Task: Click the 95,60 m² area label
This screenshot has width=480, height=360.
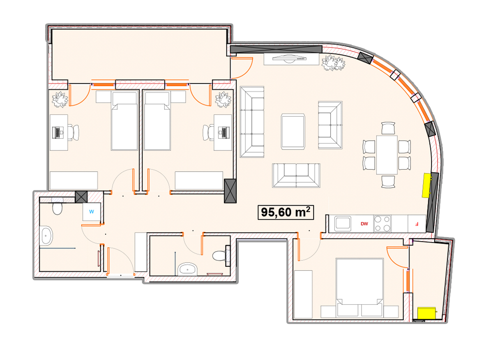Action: pos(286,212)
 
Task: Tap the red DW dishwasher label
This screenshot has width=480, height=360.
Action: pos(364,224)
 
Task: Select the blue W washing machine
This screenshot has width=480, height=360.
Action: pos(92,212)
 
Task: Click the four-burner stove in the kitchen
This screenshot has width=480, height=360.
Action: pos(382,224)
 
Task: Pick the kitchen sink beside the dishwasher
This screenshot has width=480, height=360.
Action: pos(343,224)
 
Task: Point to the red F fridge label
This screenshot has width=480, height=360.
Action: pos(416,224)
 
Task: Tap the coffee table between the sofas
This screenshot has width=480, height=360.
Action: pos(293,132)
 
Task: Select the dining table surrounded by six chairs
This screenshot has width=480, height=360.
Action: pos(387,155)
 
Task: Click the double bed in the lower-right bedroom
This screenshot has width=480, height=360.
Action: pos(360,288)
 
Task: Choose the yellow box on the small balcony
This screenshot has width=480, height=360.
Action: pos(426,313)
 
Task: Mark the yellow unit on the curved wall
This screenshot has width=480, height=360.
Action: pos(427,185)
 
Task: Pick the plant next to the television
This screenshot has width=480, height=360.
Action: pos(333,63)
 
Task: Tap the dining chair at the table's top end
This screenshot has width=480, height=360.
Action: pos(388,128)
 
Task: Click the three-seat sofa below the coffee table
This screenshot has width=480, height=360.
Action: pos(296,176)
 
